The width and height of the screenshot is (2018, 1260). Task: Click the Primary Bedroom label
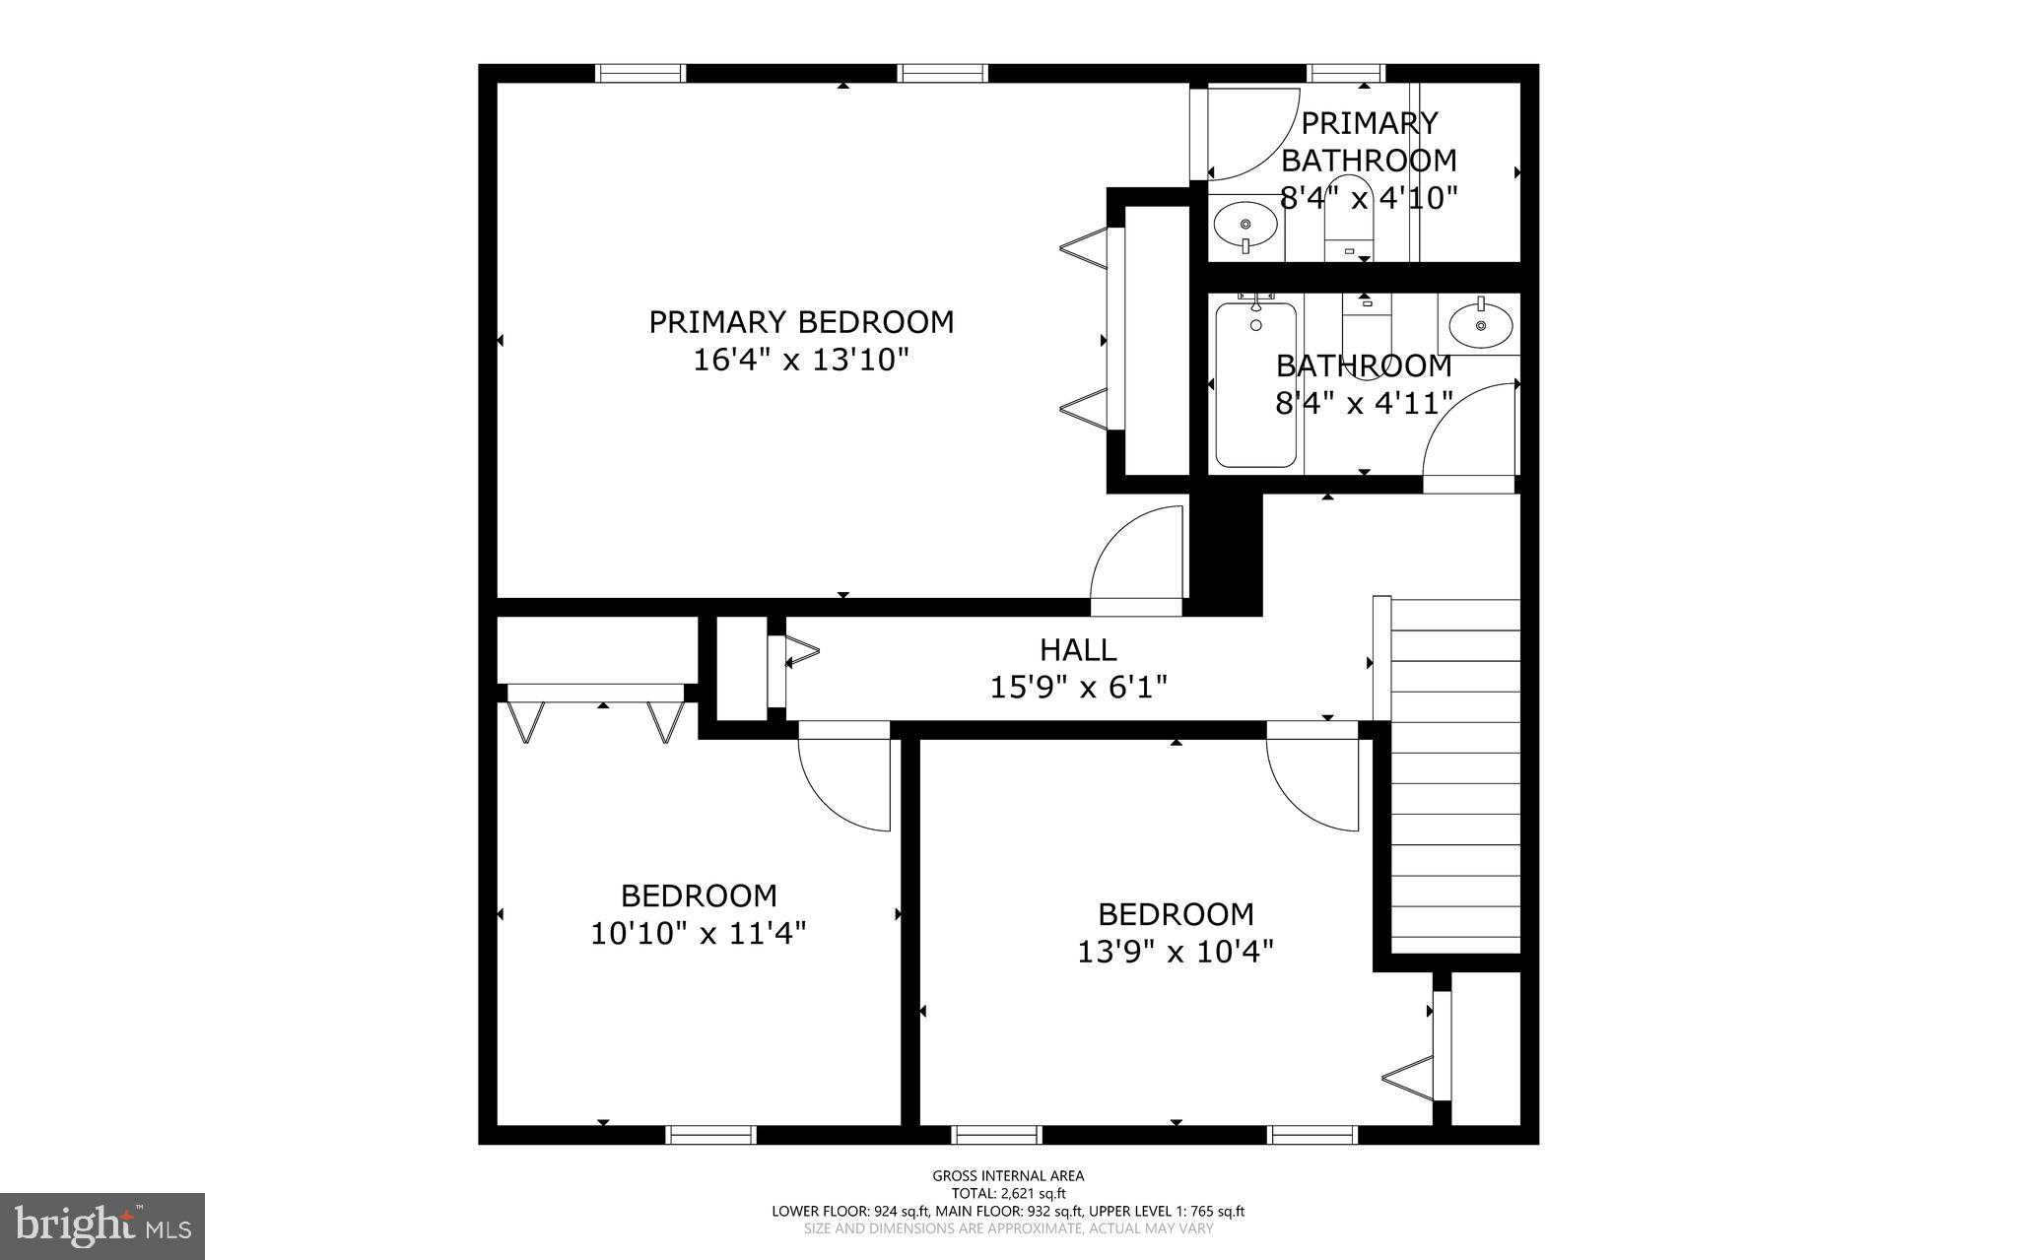click(800, 322)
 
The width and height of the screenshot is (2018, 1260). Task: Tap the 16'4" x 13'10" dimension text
click(800, 361)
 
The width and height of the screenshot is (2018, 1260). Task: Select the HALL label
click(1078, 649)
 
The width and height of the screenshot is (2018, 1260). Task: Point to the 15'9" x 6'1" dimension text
click(1078, 687)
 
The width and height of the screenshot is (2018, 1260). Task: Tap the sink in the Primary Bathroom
click(1245, 226)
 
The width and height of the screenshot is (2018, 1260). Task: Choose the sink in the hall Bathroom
click(1480, 324)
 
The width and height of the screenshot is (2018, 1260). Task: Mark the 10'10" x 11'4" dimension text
click(698, 933)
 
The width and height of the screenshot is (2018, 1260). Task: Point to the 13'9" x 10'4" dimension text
click(1175, 952)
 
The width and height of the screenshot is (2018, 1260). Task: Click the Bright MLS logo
click(101, 1226)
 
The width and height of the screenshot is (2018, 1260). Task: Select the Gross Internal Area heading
click(1008, 1175)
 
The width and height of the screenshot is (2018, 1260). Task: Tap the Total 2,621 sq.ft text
click(1008, 1193)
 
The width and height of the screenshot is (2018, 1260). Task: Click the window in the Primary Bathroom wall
click(1345, 73)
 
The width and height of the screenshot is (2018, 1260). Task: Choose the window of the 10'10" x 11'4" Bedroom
click(710, 1135)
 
